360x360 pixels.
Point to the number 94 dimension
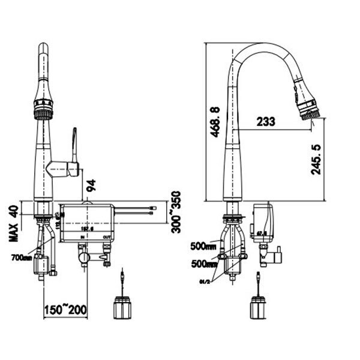click(92, 187)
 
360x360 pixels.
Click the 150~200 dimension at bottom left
click(66, 310)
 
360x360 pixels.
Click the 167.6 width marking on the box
click(89, 228)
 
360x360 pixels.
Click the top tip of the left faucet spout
click(43, 47)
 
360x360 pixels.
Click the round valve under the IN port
click(83, 257)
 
